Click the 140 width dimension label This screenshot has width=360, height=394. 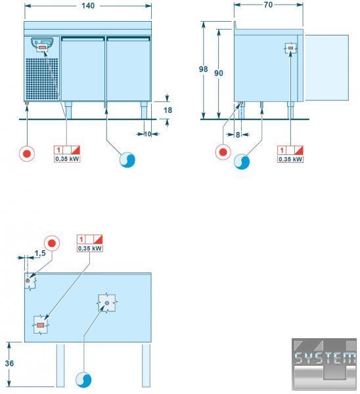coord(88,5)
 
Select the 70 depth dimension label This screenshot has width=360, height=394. coord(268,5)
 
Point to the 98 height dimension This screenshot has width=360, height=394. coord(203,69)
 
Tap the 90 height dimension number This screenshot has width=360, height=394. coord(219,73)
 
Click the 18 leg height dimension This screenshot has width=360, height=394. coord(168,110)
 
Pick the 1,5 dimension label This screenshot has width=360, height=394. coord(40,253)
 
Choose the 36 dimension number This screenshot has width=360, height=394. coord(9,363)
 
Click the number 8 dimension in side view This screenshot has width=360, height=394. coord(238,135)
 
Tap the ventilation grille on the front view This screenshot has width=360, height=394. coord(42,79)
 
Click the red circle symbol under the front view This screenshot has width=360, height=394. coord(27,154)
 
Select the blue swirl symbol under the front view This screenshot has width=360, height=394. coord(127,160)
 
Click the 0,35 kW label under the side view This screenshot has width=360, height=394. coord(290,160)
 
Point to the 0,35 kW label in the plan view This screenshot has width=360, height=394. coord(90,248)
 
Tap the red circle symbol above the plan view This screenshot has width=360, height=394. coord(52,243)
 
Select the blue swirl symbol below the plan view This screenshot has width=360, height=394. coord(83,380)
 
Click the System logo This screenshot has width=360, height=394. coord(325,364)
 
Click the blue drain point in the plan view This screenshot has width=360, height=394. coord(107,303)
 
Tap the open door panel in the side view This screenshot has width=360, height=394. coord(326,68)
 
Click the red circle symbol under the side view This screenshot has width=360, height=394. coord(223,152)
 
